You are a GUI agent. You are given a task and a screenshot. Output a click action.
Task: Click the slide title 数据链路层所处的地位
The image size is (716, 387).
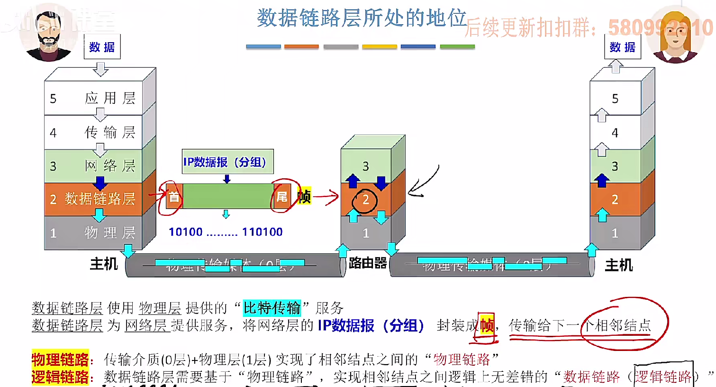pyautogui.click(x=361, y=18)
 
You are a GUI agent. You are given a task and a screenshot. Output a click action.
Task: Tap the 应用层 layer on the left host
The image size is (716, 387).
pyautogui.click(x=100, y=98)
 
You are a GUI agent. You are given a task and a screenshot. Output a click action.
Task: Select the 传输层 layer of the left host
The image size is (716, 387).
pyautogui.click(x=100, y=132)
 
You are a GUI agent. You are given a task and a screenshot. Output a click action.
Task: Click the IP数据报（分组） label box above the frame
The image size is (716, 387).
pyautogui.click(x=227, y=162)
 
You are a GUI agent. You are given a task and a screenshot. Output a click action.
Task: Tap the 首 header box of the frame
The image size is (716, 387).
pyautogui.click(x=174, y=196)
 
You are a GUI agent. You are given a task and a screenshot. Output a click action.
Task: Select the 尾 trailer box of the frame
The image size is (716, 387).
pyautogui.click(x=282, y=196)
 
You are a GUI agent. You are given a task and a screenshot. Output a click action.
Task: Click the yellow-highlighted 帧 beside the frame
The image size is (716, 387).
pyautogui.click(x=304, y=196)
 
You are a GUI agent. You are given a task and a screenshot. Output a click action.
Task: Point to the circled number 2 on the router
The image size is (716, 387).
pyautogui.click(x=365, y=200)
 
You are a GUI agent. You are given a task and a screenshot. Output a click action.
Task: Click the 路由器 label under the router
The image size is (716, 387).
pyautogui.click(x=368, y=263)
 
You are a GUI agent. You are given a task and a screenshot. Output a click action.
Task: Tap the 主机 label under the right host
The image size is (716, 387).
pyautogui.click(x=618, y=265)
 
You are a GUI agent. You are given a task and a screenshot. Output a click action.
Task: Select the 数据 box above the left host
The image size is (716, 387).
pyautogui.click(x=102, y=47)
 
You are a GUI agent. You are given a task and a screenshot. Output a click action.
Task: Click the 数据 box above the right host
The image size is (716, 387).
pyautogui.click(x=622, y=47)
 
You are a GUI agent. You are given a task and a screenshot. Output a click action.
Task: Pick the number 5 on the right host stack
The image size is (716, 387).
pyautogui.click(x=615, y=99)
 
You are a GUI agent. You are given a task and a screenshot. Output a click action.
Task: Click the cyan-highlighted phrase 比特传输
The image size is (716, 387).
pyautogui.click(x=272, y=308)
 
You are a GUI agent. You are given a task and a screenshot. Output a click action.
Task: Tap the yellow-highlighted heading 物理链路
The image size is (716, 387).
pyautogui.click(x=60, y=359)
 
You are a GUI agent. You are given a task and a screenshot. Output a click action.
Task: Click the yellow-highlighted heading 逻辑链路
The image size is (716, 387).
pyautogui.click(x=60, y=377)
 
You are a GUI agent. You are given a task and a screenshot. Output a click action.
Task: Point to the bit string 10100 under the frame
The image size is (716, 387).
pyautogui.click(x=186, y=232)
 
